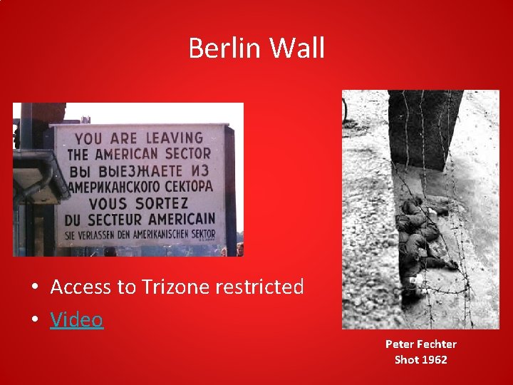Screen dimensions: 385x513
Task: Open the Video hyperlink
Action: [x=77, y=319]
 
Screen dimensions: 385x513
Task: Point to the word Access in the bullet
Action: [x=81, y=287]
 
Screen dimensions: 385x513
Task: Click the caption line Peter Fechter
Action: [x=420, y=344]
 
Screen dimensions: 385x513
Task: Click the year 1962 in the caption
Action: [x=434, y=359]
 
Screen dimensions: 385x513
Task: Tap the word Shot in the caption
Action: [x=406, y=359]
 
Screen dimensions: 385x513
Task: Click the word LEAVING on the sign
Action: [x=175, y=138]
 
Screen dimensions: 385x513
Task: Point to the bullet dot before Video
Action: [x=34, y=320]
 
